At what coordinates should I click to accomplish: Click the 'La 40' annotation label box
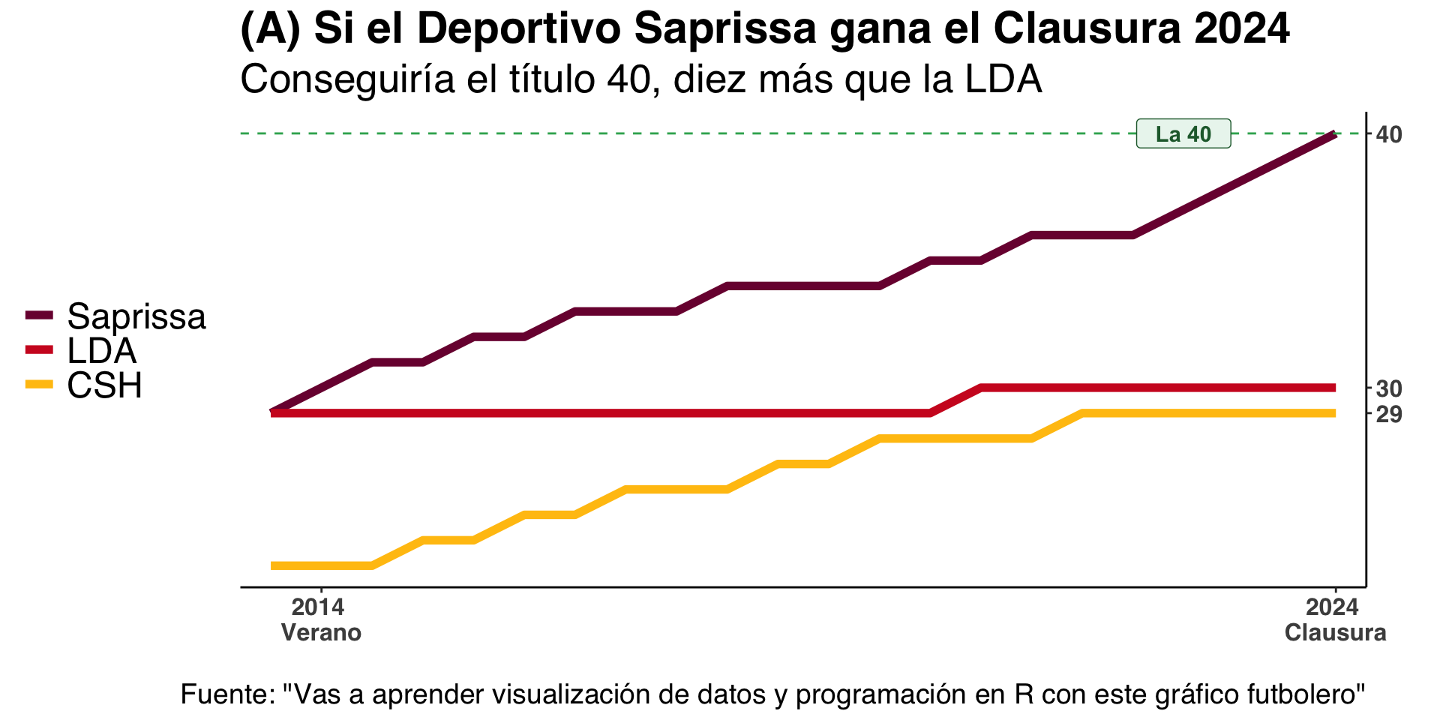(x=1183, y=133)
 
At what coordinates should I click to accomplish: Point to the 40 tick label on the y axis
(x=1389, y=134)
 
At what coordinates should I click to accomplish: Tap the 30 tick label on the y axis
(x=1389, y=388)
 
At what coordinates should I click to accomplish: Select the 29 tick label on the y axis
(x=1389, y=414)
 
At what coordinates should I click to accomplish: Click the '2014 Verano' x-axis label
(x=321, y=619)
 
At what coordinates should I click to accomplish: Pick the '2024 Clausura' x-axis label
(x=1335, y=619)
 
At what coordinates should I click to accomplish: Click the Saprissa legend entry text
(x=136, y=316)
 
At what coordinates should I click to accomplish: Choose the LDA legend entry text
(x=102, y=351)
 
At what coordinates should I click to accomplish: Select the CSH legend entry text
(x=105, y=385)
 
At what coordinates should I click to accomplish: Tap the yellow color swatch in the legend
(x=40, y=385)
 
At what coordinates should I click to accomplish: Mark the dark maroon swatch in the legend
(x=40, y=315)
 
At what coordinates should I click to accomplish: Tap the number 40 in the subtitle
(x=628, y=79)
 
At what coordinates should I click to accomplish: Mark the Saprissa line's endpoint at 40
(x=1334, y=134)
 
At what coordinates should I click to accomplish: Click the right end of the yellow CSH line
(x=1334, y=413)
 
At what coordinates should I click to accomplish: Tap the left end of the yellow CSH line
(x=273, y=565)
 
